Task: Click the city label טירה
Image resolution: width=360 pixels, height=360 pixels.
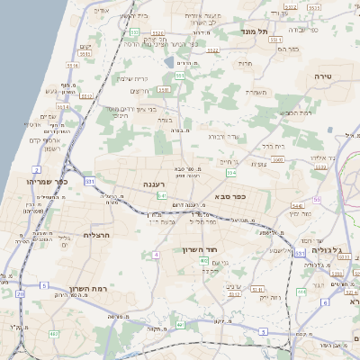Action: pos(324,78)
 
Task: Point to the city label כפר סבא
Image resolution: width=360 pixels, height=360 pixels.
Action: pos(230,194)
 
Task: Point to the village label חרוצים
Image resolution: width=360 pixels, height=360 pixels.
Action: pos(139,91)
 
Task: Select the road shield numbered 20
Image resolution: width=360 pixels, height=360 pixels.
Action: pos(20,293)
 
